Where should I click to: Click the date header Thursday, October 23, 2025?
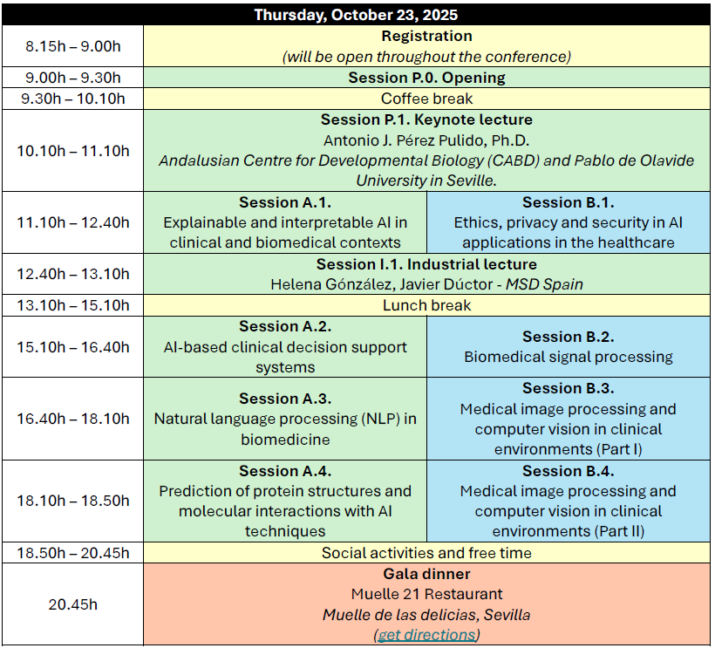coord(356,15)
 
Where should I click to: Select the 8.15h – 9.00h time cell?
coord(73,46)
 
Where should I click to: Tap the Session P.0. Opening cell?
coord(426,78)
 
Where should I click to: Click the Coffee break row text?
coord(426,99)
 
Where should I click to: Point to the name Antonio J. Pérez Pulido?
coord(405,140)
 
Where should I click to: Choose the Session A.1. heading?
coord(285,202)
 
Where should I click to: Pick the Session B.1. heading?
coord(569,202)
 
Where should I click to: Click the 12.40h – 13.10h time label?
coord(73,274)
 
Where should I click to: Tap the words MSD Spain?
coord(544,284)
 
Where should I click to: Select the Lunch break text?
coord(426,305)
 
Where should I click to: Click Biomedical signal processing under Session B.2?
coord(569,357)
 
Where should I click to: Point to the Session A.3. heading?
coord(285,399)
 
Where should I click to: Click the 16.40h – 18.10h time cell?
coord(73,419)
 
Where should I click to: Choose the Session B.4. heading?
coord(569,471)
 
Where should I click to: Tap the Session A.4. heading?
coord(285,471)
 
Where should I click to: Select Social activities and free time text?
coord(426,553)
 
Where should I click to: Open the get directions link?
coord(426,635)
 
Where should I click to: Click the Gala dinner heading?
coord(426,574)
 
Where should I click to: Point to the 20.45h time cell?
coord(73,604)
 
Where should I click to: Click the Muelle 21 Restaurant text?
coord(426,594)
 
